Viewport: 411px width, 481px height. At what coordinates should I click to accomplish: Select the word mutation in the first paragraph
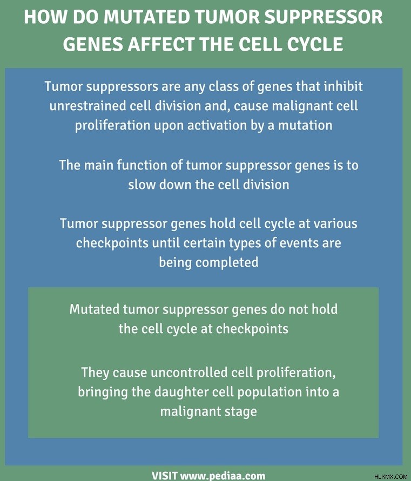[x=305, y=125]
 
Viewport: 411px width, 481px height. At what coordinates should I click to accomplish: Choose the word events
[x=299, y=243]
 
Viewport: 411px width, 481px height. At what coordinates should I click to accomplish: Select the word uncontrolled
[x=189, y=372]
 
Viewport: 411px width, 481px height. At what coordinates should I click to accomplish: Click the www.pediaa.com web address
[x=223, y=476]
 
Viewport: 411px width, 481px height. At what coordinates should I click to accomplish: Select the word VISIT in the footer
[x=165, y=476]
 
